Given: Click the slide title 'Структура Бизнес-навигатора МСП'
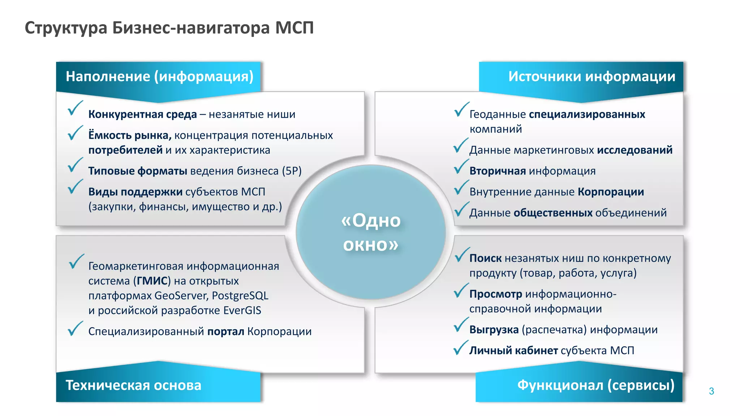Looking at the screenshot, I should click(169, 28).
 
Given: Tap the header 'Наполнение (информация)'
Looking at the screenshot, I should click(159, 76).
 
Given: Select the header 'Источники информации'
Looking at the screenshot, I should click(591, 76).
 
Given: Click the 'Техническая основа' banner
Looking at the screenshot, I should click(133, 385).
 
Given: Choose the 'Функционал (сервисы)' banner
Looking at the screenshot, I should click(595, 385).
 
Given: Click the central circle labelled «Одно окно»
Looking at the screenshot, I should click(370, 232).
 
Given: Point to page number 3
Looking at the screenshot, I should click(711, 391).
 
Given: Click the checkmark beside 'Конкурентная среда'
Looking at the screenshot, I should click(75, 108).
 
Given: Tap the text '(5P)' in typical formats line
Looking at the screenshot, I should click(292, 171).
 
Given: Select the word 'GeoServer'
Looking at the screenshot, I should click(181, 296).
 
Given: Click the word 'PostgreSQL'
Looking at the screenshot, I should click(240, 296).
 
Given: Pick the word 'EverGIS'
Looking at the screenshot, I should click(242, 310).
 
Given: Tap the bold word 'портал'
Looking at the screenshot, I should click(226, 331).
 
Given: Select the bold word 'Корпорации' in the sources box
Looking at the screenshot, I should click(611, 192).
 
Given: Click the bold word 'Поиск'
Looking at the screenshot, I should click(485, 258).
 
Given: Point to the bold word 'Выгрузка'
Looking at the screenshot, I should click(494, 330).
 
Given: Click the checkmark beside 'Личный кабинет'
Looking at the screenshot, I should click(460, 348).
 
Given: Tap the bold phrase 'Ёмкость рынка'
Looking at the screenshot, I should click(129, 135).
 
